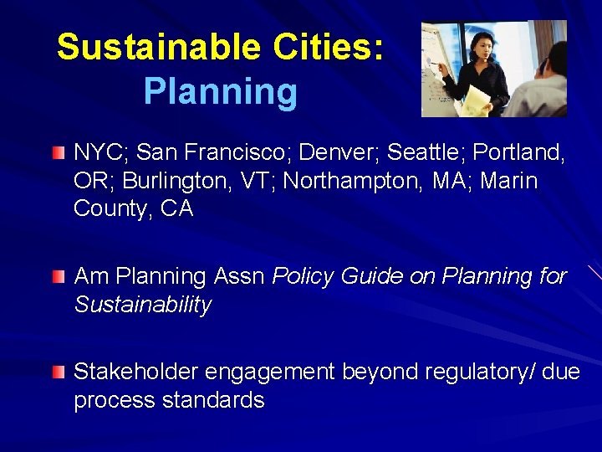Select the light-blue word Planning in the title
(220, 92)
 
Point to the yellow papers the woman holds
(475, 100)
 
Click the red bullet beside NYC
(57, 153)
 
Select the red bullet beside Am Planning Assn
(57, 276)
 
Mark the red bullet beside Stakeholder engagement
(57, 372)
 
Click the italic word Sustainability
(142, 305)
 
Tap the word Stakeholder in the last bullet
(136, 372)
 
